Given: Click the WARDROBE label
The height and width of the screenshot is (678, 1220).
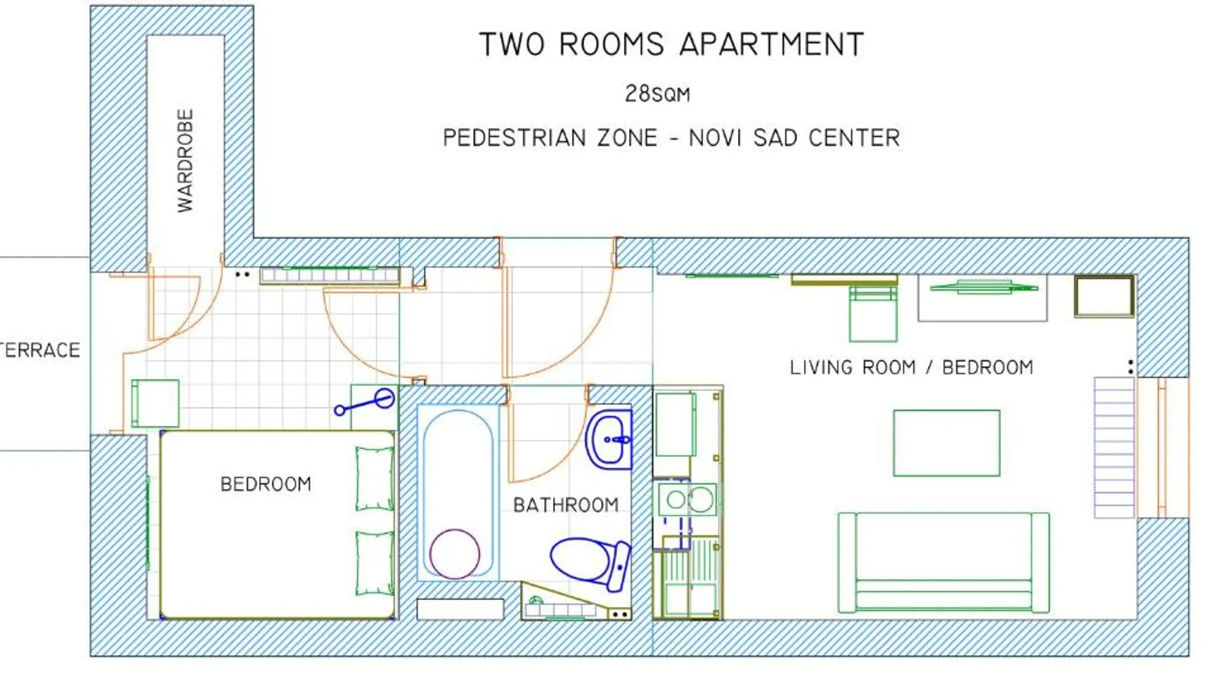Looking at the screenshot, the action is click(185, 161).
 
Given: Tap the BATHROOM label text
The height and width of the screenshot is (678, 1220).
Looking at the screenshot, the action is click(566, 505).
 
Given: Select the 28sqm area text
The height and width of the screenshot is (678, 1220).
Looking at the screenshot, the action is click(657, 94).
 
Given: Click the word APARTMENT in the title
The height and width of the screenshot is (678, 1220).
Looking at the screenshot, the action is click(771, 45).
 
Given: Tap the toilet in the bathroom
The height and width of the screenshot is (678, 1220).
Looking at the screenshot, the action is click(590, 562).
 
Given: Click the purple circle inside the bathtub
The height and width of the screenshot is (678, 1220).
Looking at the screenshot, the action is click(455, 554).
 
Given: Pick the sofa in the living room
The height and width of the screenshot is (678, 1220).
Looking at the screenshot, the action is click(943, 563).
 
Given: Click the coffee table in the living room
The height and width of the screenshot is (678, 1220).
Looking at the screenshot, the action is click(946, 443).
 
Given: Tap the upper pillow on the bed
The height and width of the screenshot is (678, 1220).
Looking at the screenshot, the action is click(375, 478).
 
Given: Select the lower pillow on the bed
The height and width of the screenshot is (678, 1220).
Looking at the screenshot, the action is click(375, 563).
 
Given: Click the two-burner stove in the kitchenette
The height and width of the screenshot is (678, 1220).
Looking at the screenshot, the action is click(687, 500).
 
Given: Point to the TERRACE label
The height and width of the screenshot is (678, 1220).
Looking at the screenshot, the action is click(40, 351).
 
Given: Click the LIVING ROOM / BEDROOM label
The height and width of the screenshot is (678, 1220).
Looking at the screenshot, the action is click(912, 367).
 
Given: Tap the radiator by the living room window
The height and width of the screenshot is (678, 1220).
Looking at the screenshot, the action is click(1114, 447).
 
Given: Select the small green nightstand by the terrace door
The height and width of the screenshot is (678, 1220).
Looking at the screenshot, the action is click(155, 403).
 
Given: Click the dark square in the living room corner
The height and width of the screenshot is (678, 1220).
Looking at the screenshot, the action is click(1104, 296).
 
